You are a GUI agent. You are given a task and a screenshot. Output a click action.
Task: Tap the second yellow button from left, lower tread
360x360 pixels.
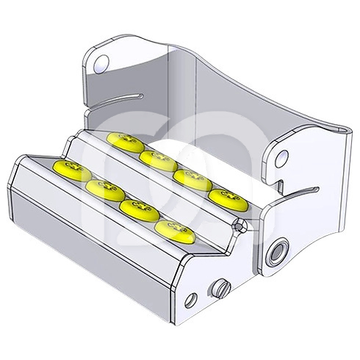coord(103,190)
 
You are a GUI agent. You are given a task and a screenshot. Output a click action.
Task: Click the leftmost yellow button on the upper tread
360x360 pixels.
coord(122,141)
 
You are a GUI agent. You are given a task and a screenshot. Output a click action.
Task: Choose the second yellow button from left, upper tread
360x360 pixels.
coord(156,158)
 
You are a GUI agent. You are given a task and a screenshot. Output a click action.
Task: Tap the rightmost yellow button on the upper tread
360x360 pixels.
coord(223,197)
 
